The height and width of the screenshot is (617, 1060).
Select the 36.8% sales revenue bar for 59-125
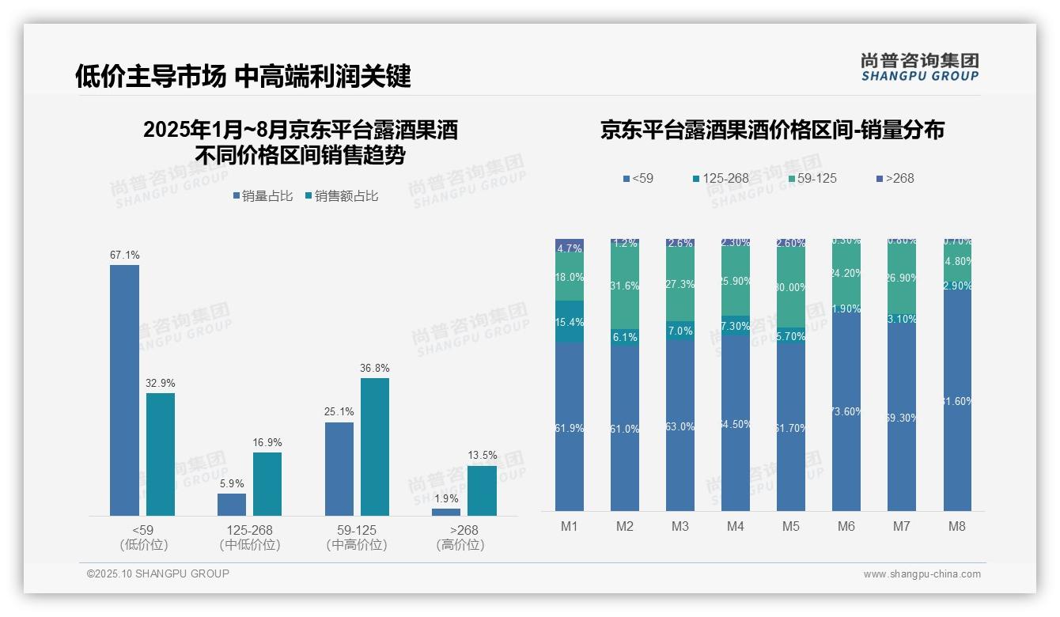[x=375, y=447]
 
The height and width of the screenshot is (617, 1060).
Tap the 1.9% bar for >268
[x=446, y=512]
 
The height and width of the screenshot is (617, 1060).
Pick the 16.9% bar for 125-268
[x=267, y=483]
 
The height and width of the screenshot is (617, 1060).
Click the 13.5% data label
[x=483, y=455]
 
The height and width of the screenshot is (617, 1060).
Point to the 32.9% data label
[x=160, y=383]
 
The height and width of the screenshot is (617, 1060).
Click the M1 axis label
[x=570, y=526]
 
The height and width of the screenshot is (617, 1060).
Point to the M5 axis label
[x=791, y=526]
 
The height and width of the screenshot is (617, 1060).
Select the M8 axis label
[x=957, y=526]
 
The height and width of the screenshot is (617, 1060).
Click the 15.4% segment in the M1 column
[x=570, y=322]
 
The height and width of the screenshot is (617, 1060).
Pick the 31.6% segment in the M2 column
[x=625, y=286]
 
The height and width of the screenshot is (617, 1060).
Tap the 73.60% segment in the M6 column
[x=846, y=411]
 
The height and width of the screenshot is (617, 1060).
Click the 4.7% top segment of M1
[x=570, y=247]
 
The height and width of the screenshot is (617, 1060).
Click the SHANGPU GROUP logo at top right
[x=920, y=67]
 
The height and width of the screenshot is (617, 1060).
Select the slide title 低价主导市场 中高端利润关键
[x=243, y=76]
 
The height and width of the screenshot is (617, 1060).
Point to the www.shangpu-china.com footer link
[x=922, y=574]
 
